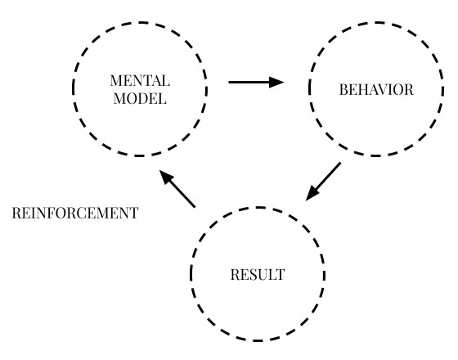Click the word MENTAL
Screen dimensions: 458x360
(x=140, y=81)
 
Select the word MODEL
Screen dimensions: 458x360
(x=140, y=98)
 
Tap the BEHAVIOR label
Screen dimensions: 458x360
(x=376, y=90)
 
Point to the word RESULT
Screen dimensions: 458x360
(x=258, y=275)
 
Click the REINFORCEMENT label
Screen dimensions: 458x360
(x=75, y=213)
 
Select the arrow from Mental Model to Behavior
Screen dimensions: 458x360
(x=256, y=82)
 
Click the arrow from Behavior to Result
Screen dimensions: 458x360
(x=323, y=182)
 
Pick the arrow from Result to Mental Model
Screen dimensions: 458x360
(x=177, y=189)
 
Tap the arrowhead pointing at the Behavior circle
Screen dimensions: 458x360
(x=276, y=82)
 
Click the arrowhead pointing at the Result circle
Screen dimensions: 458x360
(x=312, y=195)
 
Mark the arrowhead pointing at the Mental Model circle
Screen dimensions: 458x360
(x=166, y=177)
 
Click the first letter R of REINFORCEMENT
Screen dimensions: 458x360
(x=16, y=213)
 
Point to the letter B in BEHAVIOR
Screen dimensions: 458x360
(x=343, y=90)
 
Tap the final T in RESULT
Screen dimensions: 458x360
(x=280, y=275)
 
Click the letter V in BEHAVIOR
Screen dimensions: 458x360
(x=384, y=90)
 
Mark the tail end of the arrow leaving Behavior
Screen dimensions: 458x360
(x=340, y=163)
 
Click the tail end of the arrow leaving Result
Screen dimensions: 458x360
(x=195, y=207)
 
